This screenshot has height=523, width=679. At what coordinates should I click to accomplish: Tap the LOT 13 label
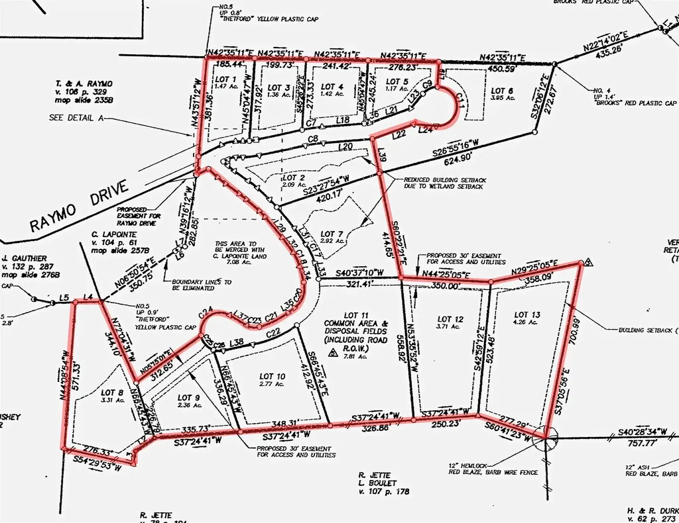(527, 314)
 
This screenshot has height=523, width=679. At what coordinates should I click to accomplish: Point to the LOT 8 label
(111, 392)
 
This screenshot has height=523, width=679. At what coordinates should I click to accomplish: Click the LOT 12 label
(450, 320)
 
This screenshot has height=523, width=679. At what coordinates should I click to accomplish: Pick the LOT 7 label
(332, 234)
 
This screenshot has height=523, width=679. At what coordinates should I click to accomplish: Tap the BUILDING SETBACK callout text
(645, 329)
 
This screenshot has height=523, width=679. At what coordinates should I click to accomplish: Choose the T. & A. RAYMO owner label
(85, 83)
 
